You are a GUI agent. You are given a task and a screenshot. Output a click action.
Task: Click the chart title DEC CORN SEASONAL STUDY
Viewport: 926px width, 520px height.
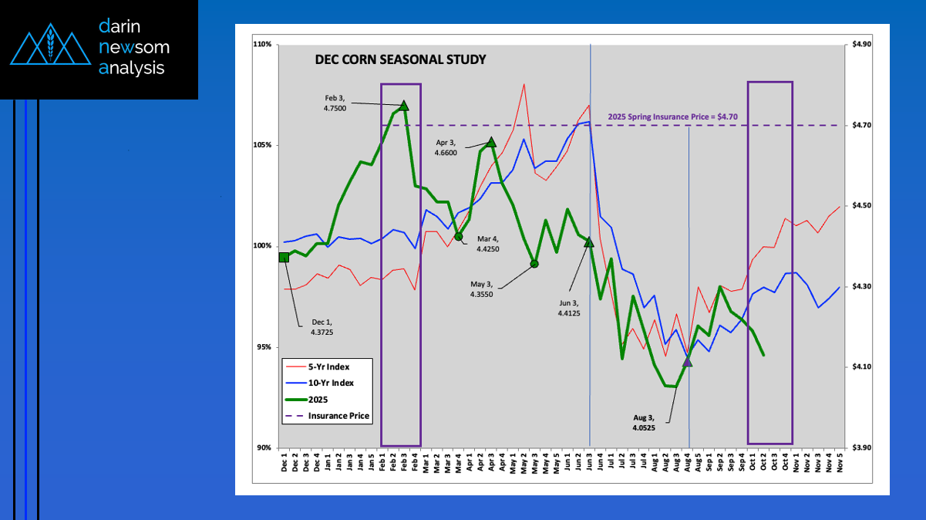[x=400, y=59]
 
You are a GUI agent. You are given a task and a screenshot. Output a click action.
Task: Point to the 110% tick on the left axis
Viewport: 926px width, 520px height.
[x=261, y=45]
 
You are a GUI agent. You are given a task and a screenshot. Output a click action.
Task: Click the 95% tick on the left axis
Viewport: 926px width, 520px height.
[x=263, y=347]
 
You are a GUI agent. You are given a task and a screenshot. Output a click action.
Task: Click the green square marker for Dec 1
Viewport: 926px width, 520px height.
[x=285, y=258]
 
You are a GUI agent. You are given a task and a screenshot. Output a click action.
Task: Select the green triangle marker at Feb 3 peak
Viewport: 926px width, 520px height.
[x=403, y=105]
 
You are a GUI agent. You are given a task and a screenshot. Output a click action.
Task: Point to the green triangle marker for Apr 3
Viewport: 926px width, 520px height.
[x=491, y=142]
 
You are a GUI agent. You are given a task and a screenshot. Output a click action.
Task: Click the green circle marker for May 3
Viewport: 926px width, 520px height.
[x=534, y=264]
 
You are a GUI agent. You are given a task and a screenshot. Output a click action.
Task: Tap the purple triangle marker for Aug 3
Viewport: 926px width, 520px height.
[x=688, y=361]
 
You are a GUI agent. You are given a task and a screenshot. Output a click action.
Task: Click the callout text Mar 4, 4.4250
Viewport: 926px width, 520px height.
[x=487, y=245]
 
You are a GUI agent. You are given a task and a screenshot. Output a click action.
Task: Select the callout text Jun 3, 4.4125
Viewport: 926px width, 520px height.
[x=570, y=308]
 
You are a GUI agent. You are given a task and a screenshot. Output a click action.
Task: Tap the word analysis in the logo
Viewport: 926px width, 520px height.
[x=132, y=68]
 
